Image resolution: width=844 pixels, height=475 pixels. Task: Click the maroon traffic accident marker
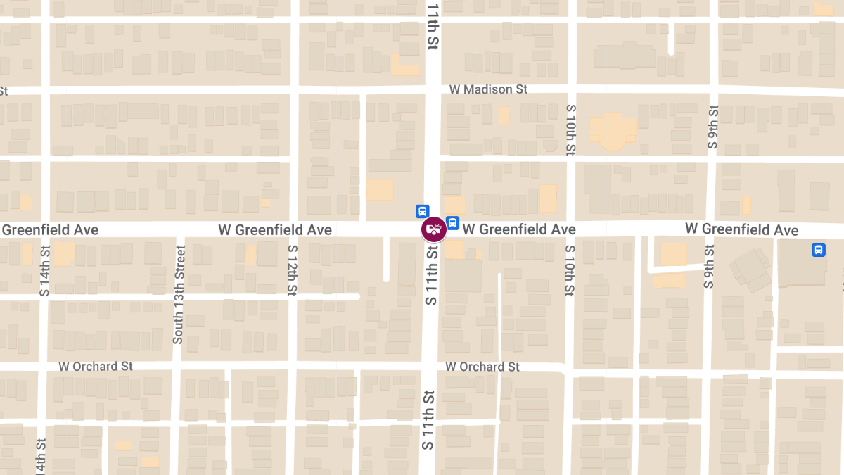click(434, 229)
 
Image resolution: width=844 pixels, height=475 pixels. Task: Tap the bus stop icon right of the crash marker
click(453, 223)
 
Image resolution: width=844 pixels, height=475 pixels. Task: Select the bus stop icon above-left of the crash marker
click(422, 211)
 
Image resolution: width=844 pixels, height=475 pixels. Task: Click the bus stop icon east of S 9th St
click(819, 250)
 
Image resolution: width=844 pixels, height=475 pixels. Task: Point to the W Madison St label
click(488, 89)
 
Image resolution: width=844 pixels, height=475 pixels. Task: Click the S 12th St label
click(292, 270)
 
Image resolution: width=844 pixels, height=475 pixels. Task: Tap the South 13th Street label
click(179, 294)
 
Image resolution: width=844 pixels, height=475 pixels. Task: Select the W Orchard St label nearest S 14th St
click(96, 367)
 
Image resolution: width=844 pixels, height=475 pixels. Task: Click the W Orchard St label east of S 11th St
click(482, 367)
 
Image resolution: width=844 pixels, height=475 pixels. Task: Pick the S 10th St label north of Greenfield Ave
click(570, 130)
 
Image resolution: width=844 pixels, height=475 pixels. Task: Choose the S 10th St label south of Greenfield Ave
click(570, 271)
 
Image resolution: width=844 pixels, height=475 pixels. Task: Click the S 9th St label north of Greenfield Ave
click(713, 127)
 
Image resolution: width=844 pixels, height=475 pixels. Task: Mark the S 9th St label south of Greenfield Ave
click(709, 266)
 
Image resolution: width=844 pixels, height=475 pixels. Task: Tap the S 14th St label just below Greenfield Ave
click(45, 271)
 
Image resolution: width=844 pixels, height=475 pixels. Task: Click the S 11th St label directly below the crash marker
click(431, 274)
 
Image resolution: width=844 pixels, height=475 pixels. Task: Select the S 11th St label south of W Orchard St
click(427, 420)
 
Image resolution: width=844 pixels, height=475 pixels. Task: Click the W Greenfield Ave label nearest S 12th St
click(275, 230)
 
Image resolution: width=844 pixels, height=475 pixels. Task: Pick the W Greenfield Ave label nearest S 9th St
click(742, 229)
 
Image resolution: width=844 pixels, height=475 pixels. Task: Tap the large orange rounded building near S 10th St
click(613, 131)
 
